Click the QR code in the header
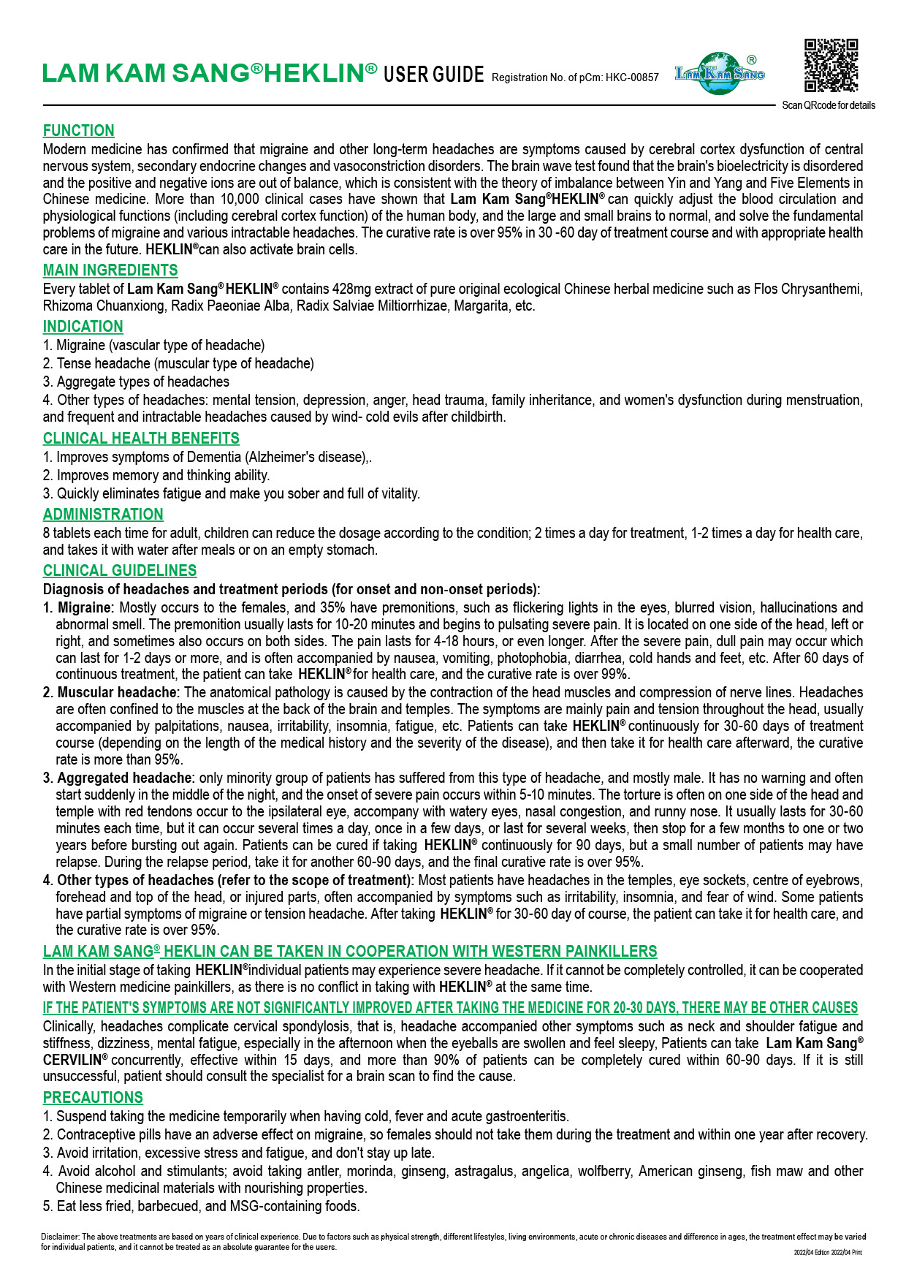click(831, 65)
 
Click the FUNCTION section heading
click(79, 131)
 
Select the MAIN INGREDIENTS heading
click(110, 270)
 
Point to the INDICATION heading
click(83, 327)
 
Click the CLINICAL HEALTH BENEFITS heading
click(141, 439)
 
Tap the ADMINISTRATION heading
click(103, 515)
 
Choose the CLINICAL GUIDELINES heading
click(120, 571)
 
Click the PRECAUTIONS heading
click(93, 1098)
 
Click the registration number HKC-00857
click(632, 77)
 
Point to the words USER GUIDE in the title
click(434, 75)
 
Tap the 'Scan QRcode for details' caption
click(829, 105)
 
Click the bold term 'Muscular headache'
click(117, 692)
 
